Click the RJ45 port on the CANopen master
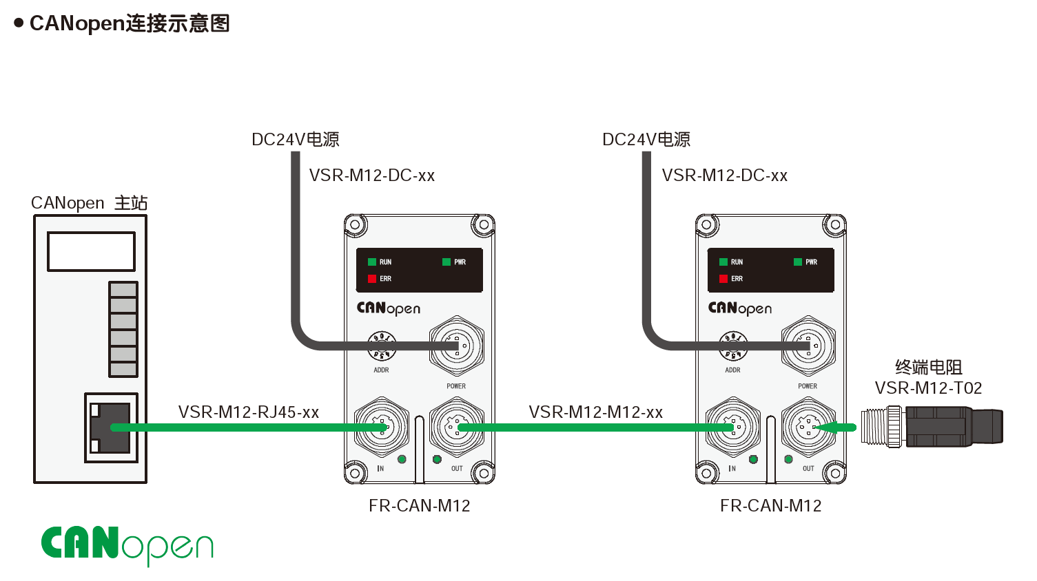(111, 427)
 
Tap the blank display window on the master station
(91, 252)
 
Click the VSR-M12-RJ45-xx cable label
(249, 412)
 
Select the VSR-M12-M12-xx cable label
(596, 412)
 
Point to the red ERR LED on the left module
(372, 279)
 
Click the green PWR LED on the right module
(798, 262)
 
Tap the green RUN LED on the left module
(372, 262)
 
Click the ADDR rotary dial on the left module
(382, 346)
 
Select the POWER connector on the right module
(808, 346)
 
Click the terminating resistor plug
(932, 427)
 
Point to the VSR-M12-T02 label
(928, 388)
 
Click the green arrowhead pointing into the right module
(826, 427)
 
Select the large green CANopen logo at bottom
(127, 545)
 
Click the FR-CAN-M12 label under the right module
(771, 505)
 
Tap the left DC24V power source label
(296, 139)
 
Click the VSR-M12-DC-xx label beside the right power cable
(724, 176)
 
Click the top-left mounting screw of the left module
(355, 225)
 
